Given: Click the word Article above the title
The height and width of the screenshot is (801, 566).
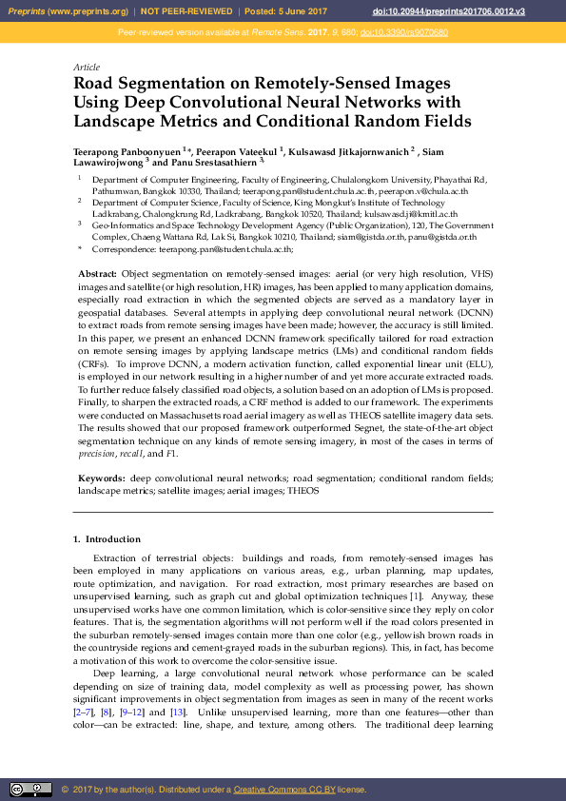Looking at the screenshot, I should click(86, 68).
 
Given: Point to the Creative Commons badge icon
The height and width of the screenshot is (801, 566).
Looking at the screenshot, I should click(30, 790).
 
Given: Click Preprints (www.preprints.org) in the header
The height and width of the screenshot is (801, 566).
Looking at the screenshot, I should click(66, 11).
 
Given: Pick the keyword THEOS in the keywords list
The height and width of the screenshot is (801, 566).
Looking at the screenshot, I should click(304, 490).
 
